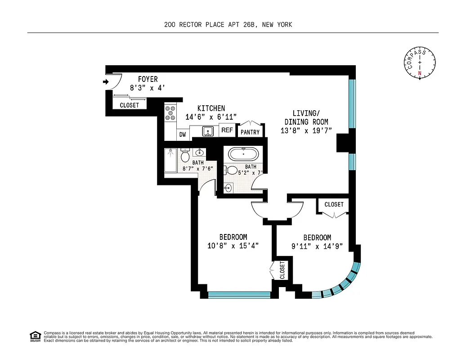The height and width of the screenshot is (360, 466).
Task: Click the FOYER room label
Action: pyautogui.click(x=148, y=80)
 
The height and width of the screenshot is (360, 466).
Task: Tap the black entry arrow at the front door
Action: pyautogui.click(x=106, y=81)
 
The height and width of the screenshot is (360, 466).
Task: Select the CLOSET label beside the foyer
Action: pyautogui.click(x=129, y=105)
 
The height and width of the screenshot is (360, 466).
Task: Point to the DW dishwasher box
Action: pyautogui.click(x=183, y=134)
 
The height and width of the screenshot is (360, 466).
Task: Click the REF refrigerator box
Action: pyautogui.click(x=227, y=130)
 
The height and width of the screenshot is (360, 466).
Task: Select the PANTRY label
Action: pyautogui.click(x=250, y=132)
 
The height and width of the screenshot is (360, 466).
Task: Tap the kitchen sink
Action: pyautogui.click(x=208, y=131)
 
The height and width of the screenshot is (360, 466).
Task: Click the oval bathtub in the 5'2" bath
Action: pyautogui.click(x=244, y=154)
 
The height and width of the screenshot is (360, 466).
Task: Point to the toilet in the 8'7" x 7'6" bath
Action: pyautogui.click(x=185, y=156)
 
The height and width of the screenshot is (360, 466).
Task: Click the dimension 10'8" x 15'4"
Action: pyautogui.click(x=233, y=246)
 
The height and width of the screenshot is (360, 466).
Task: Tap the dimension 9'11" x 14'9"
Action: pyautogui.click(x=317, y=246)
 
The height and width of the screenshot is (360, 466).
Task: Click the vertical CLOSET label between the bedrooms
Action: pyautogui.click(x=282, y=270)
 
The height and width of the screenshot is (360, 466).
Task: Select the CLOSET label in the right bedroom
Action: pyautogui.click(x=334, y=204)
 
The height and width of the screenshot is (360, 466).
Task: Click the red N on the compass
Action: pyautogui.click(x=420, y=73)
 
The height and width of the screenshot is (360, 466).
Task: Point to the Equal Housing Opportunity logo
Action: pyautogui.click(x=35, y=336)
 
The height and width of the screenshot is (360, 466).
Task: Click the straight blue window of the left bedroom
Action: pyautogui.click(x=239, y=295)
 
